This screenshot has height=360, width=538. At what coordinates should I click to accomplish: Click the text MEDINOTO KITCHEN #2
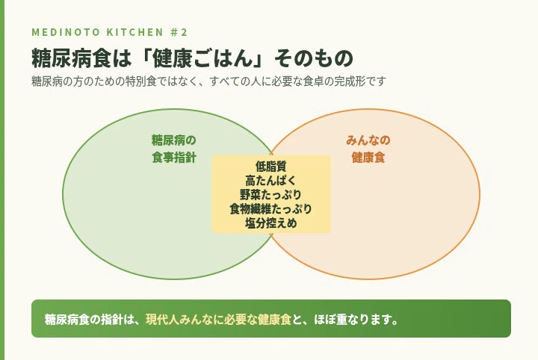(109, 32)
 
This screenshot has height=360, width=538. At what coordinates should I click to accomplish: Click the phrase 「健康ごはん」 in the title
(202, 58)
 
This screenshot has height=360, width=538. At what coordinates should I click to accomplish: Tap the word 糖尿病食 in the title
(72, 58)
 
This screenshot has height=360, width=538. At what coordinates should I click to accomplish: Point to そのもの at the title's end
(313, 58)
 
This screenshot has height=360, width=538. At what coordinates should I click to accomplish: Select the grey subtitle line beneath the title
(208, 81)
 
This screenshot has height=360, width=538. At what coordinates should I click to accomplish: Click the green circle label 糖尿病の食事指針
(174, 149)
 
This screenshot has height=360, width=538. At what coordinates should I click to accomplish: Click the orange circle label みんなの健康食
(368, 149)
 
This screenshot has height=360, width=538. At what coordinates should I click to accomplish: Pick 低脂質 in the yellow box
(270, 167)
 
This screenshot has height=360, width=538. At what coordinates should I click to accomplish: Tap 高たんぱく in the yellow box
(270, 181)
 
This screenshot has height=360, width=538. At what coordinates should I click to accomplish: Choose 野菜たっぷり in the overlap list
(270, 195)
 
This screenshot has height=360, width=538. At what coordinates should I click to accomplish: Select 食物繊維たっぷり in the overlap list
(270, 209)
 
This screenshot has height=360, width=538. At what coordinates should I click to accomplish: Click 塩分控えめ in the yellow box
(270, 223)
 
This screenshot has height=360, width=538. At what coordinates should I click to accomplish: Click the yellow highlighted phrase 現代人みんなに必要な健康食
(218, 319)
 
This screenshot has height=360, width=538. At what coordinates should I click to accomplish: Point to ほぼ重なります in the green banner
(352, 319)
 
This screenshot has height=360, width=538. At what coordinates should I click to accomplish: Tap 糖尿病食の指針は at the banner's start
(88, 319)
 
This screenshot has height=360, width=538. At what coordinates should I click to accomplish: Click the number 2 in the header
(184, 32)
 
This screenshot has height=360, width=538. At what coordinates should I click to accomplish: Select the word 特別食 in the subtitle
(141, 81)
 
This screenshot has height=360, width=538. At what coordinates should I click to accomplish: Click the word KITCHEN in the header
(134, 32)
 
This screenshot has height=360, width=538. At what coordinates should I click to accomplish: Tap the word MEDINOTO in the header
(66, 32)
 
